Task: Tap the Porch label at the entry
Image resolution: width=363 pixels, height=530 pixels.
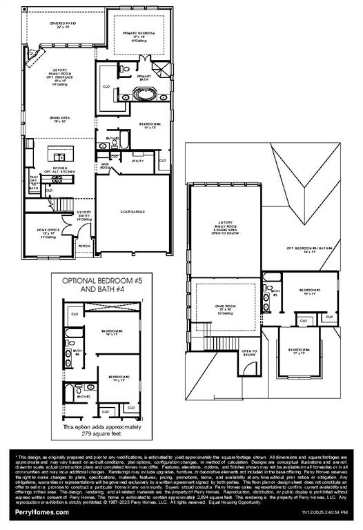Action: [84, 246]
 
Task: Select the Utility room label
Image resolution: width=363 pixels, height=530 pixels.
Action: [137, 161]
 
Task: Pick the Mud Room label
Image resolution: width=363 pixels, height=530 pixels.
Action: [106, 166]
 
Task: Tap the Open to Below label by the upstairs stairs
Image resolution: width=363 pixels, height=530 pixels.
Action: [250, 353]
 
